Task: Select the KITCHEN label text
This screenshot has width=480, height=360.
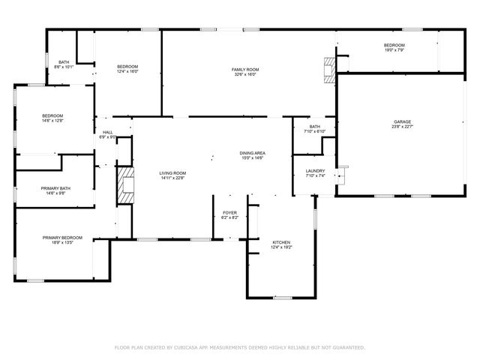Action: click(281, 242)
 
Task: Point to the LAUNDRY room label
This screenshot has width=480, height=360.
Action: click(315, 171)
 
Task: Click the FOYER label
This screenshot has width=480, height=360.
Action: click(229, 212)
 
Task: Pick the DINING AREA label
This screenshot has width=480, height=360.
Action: click(253, 153)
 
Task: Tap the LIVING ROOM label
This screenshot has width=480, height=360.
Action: click(172, 173)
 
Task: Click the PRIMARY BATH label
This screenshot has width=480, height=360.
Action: click(55, 188)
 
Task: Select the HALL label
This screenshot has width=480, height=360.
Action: click(107, 132)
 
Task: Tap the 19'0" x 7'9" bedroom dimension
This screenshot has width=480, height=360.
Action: click(394, 50)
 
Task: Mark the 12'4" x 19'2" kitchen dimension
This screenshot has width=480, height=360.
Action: click(281, 247)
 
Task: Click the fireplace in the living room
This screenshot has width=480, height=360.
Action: click(124, 184)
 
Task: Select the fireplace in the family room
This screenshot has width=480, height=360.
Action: click(328, 70)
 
